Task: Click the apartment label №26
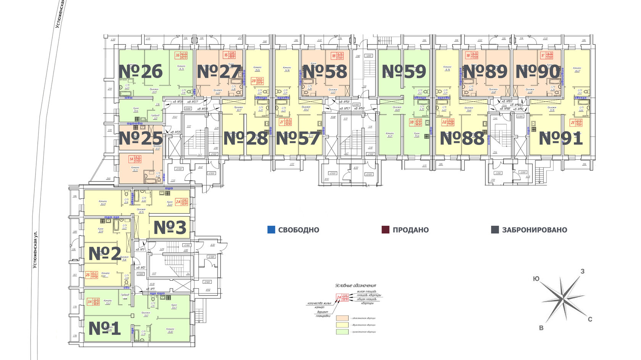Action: coord(140,72)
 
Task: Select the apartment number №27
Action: coord(219,72)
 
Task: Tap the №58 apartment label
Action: coord(325,72)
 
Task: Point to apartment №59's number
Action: coord(404,72)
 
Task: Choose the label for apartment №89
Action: coord(485,72)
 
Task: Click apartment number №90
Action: coord(538,72)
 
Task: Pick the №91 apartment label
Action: coord(561,138)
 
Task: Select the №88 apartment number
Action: coord(462,138)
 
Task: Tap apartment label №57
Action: coord(298,138)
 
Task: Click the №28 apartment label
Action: coord(246,138)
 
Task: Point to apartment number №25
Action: coord(140,138)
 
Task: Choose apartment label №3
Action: coord(170,228)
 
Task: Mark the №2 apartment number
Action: coord(105,254)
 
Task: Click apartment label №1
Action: coord(105,328)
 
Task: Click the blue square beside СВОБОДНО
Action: coord(271,230)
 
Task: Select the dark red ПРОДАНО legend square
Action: coord(385,230)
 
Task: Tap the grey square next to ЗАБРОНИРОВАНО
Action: coord(495,230)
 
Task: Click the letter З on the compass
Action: coord(582,272)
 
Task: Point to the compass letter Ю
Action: coord(536,279)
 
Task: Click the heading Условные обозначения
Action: coord(356,285)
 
